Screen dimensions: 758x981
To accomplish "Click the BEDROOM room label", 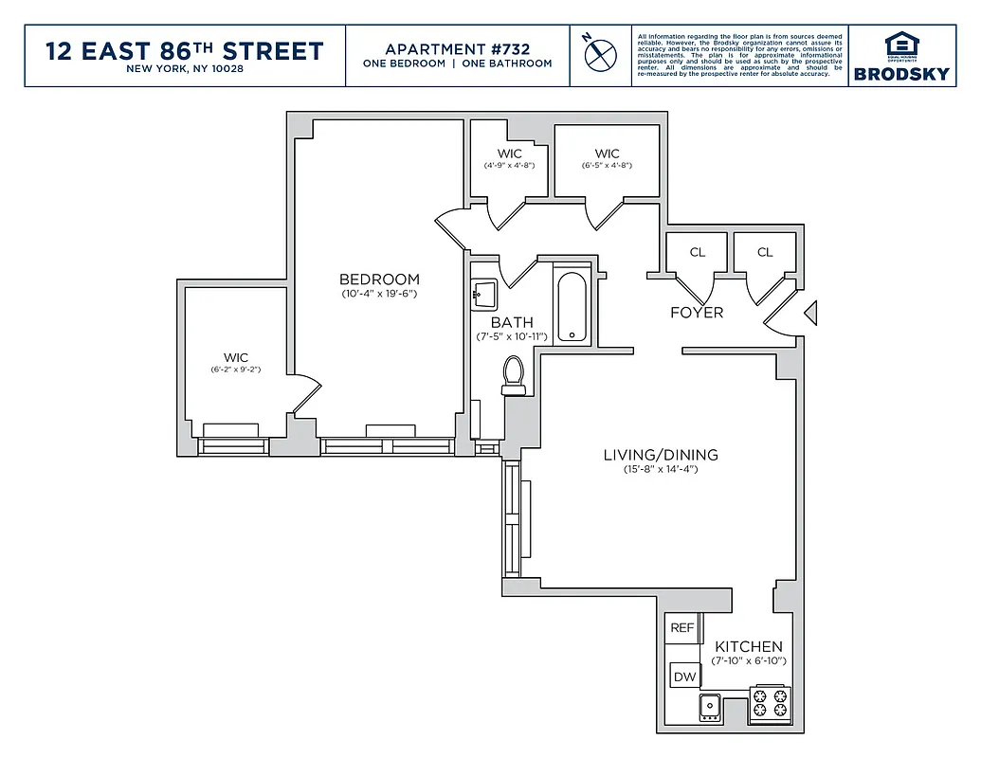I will click(x=379, y=279).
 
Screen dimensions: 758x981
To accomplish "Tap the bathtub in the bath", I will click(x=572, y=307).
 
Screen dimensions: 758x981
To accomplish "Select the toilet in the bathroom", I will click(x=514, y=375).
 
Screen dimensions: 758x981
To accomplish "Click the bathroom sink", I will click(x=483, y=295).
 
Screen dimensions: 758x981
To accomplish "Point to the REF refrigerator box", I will click(x=682, y=627).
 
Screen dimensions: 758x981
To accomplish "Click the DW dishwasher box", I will click(x=684, y=677).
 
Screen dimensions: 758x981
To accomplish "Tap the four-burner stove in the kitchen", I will click(x=769, y=705).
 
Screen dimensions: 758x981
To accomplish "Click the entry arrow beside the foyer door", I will click(x=809, y=314).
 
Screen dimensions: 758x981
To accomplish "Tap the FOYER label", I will click(x=697, y=313).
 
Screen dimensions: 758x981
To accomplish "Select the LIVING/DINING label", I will click(x=661, y=455).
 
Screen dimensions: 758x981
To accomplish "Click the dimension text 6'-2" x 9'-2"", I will click(x=235, y=370).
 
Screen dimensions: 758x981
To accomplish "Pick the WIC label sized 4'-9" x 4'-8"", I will click(x=509, y=153).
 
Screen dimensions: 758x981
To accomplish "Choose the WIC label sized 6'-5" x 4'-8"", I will click(x=607, y=153).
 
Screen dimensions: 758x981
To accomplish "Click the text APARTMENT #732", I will click(x=457, y=48).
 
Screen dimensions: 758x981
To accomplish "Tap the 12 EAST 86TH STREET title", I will click(x=185, y=50).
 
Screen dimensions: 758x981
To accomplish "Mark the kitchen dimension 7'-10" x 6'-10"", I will click(x=749, y=661).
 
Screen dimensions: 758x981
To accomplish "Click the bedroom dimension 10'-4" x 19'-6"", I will click(x=379, y=294).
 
